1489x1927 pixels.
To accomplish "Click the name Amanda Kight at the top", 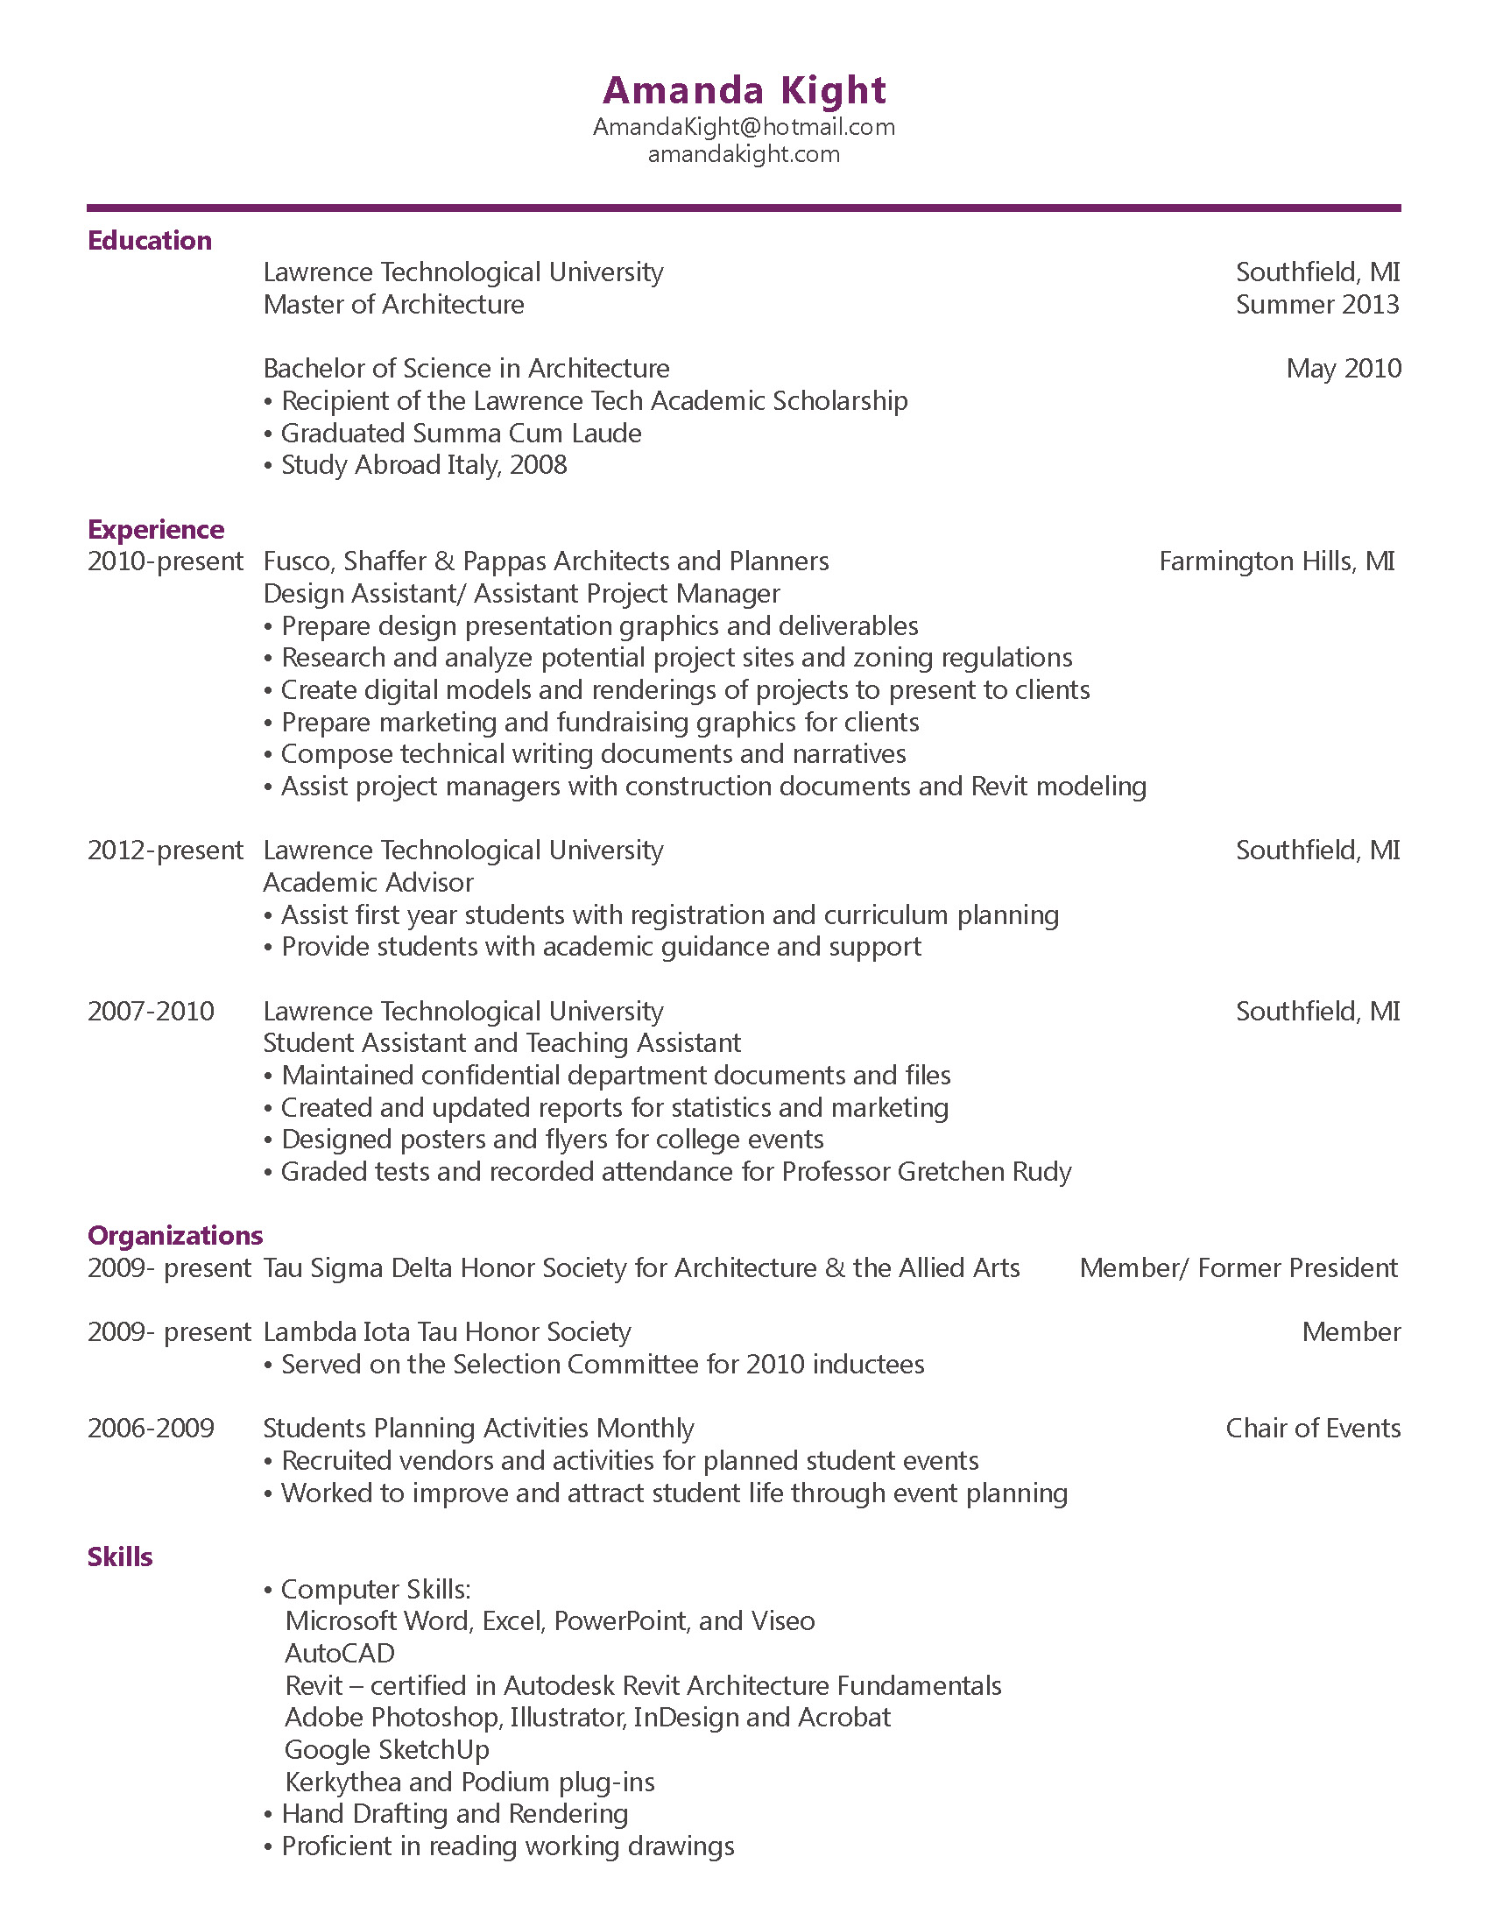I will (744, 90).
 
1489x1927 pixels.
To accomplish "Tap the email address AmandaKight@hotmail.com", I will (744, 127).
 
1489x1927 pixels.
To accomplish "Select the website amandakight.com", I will (744, 154).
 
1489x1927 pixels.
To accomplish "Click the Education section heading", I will (149, 241).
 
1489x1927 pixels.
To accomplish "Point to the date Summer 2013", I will (1317, 305).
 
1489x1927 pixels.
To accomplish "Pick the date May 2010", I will (1343, 369).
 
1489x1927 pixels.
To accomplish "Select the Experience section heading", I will (155, 529).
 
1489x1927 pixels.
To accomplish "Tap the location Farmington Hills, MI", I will (1276, 561).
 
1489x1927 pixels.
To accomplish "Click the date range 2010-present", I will (165, 561).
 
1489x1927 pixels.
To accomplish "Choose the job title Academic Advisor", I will (368, 882).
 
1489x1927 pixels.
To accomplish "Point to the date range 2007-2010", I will (151, 1011).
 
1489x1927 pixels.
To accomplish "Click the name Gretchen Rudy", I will (984, 1172).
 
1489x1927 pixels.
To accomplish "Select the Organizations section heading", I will (174, 1236).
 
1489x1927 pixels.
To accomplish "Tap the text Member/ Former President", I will (1238, 1268).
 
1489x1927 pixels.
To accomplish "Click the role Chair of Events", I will (1313, 1429).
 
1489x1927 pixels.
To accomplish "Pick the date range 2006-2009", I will (151, 1429).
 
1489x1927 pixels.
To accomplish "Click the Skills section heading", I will (120, 1557).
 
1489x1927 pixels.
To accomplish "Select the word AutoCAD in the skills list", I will (340, 1654).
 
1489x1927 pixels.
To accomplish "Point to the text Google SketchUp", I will (386, 1750).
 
